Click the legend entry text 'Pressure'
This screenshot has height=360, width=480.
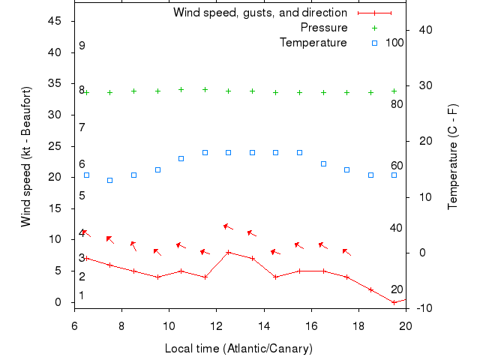point(324,28)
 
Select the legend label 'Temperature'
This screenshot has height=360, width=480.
point(313,43)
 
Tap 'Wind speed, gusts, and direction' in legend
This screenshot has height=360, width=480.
point(260,13)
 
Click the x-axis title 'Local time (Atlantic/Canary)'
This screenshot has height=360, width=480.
point(238,349)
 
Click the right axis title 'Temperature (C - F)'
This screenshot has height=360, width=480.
point(452,157)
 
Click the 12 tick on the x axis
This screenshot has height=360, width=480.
point(217,326)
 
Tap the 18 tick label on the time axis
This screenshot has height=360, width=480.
point(358,326)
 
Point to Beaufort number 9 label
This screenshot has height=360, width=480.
point(82,46)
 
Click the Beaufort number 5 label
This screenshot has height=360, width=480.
point(82,196)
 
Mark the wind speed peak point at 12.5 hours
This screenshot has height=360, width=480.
point(229,252)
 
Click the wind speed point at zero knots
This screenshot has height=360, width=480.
point(394,302)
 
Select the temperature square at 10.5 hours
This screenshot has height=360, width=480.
point(181,158)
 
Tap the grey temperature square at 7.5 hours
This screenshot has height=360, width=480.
point(110,180)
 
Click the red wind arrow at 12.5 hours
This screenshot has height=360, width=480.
point(228,226)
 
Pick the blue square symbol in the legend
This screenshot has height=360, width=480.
point(374,43)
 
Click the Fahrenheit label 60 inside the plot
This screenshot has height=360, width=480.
point(397,166)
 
